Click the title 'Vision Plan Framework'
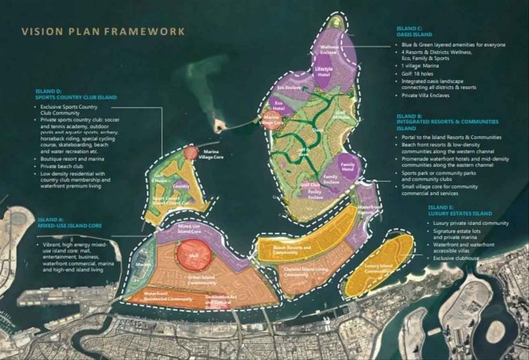click(x=103, y=31)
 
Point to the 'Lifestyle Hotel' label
click(x=324, y=72)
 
